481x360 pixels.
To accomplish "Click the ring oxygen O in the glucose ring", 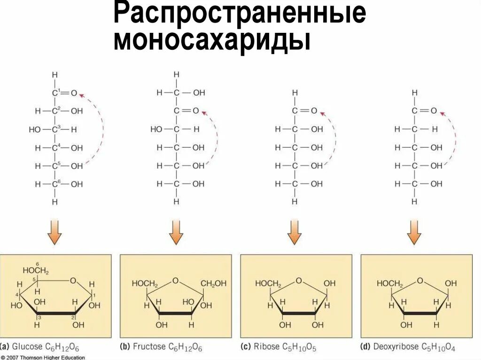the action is click(x=73, y=281).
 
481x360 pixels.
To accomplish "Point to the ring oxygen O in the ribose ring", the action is click(x=298, y=281).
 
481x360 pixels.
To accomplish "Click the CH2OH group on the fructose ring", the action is click(x=214, y=283).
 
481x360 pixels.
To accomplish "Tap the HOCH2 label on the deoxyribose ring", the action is click(x=390, y=283).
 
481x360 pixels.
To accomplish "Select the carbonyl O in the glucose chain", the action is click(x=74, y=93).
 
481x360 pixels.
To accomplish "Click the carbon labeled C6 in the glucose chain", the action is click(x=55, y=184).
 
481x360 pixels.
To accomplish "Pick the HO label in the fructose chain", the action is click(x=156, y=129).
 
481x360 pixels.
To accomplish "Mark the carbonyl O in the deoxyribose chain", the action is click(x=434, y=111).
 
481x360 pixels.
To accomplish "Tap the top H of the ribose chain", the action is click(x=295, y=93).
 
